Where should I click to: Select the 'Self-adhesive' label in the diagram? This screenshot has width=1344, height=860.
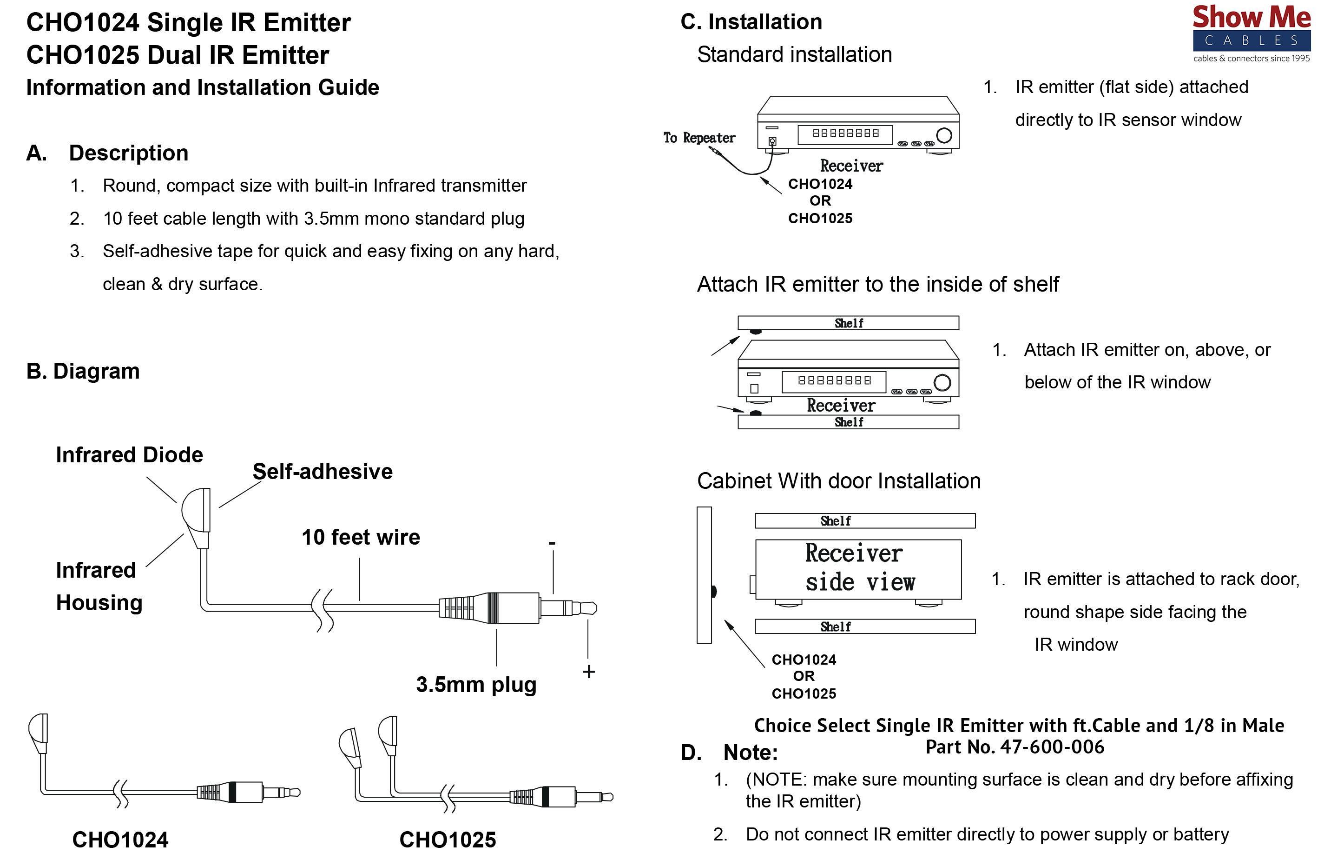322,472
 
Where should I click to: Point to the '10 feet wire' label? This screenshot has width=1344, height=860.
361,537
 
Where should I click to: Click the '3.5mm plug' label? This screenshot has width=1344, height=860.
476,685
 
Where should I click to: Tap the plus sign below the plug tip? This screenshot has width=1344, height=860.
588,672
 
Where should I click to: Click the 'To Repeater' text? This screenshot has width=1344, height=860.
699,138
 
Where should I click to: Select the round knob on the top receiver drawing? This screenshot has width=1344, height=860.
943,135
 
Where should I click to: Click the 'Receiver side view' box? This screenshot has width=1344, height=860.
858,568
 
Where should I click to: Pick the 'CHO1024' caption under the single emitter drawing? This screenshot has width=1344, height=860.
120,840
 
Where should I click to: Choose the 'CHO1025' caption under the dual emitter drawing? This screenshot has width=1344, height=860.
447,840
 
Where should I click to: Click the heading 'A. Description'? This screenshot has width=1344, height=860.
107,153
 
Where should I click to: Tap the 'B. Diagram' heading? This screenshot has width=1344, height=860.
83,371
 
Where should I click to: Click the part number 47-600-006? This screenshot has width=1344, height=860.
1052,747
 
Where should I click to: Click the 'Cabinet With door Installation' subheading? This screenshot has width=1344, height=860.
838,481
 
